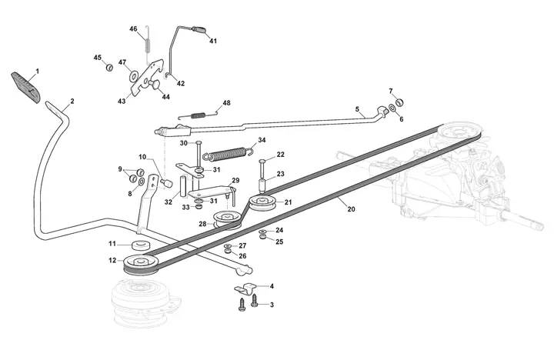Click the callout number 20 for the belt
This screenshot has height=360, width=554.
pos(351,209)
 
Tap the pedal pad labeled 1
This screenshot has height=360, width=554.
pos(26,88)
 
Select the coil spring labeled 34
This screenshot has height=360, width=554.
pos(229,153)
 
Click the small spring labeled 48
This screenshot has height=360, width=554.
pos(197,115)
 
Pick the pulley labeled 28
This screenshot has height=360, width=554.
pos(227,219)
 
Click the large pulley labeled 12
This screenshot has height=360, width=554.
pos(142,265)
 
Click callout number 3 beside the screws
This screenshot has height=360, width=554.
pos(272,305)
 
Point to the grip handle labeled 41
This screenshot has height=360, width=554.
pos(200,29)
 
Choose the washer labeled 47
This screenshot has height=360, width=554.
pos(134,75)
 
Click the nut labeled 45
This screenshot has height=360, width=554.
pos(109,67)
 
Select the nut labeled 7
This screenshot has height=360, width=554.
pos(399,102)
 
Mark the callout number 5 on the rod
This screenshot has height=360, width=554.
pos(357,108)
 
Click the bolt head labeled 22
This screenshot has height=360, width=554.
pos(262,161)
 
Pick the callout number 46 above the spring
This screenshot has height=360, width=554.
pos(133,29)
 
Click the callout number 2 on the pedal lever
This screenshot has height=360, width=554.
pos(72,101)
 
